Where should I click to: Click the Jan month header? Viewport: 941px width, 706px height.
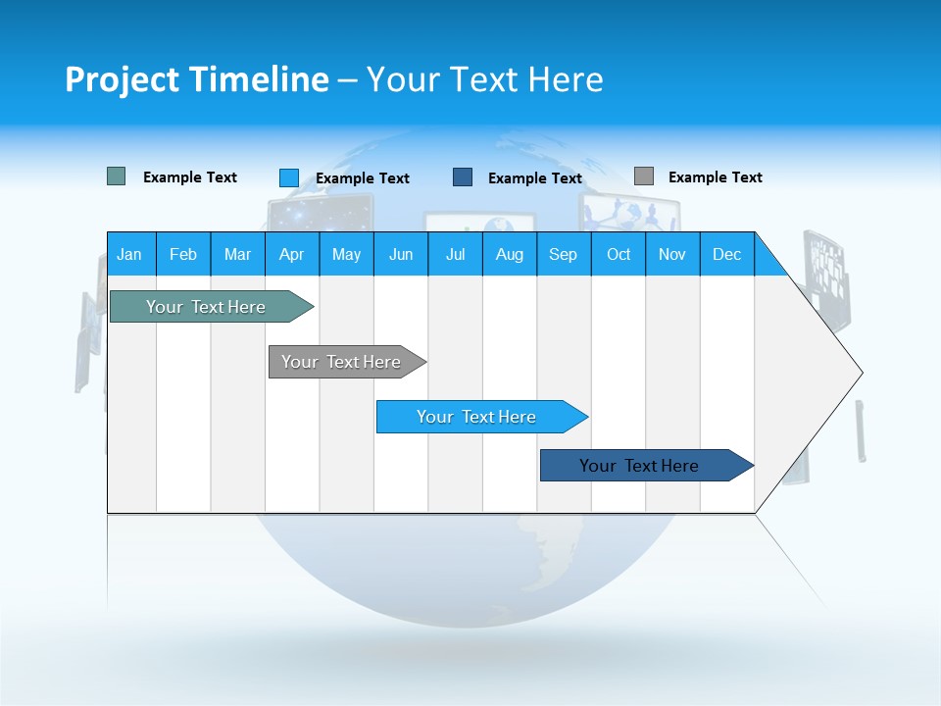click(x=129, y=254)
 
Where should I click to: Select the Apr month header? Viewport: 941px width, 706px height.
click(x=291, y=254)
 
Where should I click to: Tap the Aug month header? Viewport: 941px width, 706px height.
click(x=509, y=254)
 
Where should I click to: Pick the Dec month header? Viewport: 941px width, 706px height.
click(x=726, y=254)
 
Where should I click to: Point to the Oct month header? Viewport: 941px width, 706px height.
click(x=618, y=254)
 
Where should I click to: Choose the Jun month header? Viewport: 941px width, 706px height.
click(x=400, y=254)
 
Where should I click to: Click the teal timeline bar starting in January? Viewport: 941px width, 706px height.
click(x=206, y=307)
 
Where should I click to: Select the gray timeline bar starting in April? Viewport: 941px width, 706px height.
click(x=341, y=362)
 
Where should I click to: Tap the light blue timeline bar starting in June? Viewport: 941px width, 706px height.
click(x=476, y=417)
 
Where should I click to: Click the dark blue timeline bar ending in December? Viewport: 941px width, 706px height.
click(x=639, y=466)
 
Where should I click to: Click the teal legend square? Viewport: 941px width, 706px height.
click(x=116, y=176)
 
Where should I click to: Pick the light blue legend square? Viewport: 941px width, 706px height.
click(x=288, y=177)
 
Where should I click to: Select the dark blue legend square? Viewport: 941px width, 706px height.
click(x=463, y=176)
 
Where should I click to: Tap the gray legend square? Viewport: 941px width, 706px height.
click(x=643, y=176)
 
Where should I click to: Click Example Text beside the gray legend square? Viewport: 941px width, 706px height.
click(x=715, y=177)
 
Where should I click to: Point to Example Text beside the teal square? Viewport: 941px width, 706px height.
click(x=189, y=177)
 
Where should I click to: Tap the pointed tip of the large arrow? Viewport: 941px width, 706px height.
click(x=859, y=372)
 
